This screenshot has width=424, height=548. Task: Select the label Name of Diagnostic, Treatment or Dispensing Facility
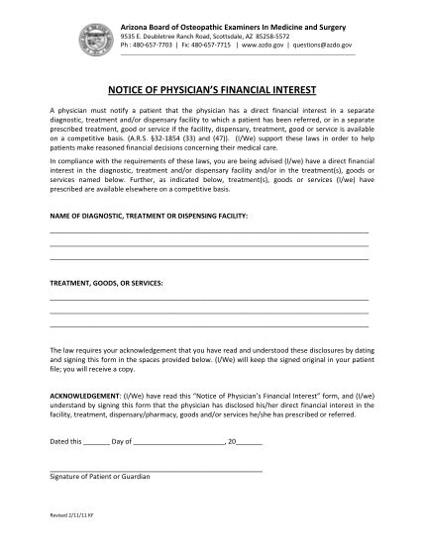[x=150, y=214]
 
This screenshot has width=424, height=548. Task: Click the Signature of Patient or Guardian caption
[x=100, y=476]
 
